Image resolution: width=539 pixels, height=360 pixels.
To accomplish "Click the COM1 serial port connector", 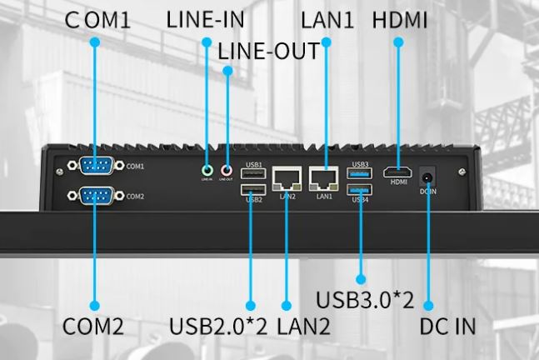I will tap(94, 167).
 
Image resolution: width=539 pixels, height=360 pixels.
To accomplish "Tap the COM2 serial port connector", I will tap(94, 197).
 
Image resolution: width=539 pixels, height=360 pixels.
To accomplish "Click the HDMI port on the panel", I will tap(398, 172).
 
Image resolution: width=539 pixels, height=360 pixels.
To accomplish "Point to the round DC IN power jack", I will tap(429, 176).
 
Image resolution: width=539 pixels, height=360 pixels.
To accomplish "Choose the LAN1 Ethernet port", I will tap(323, 177).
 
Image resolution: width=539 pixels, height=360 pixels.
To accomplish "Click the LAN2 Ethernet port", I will tap(287, 177).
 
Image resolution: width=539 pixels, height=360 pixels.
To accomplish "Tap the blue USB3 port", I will tap(361, 173).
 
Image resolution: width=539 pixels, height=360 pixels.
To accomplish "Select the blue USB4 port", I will tap(361, 191).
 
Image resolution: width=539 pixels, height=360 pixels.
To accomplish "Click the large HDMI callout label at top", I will tap(400, 20).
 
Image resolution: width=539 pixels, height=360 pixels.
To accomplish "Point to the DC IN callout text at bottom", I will tap(447, 326).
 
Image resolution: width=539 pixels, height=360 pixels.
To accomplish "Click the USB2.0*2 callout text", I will tap(218, 326).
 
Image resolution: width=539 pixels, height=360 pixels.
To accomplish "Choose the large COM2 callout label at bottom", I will tap(93, 326).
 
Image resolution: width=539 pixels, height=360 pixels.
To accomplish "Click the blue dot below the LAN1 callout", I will tap(325, 42).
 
